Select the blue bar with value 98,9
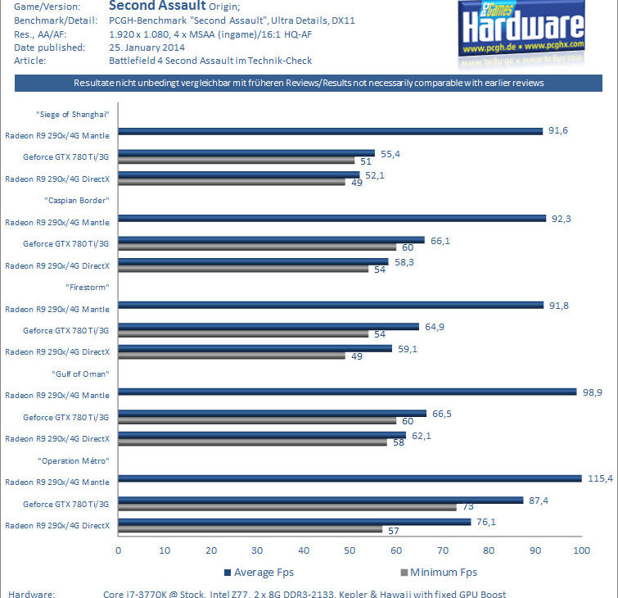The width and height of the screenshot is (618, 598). [347, 392]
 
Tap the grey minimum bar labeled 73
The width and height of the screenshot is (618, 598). [286, 507]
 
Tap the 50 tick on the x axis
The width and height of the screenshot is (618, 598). [350, 550]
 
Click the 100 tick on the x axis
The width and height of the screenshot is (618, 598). [581, 550]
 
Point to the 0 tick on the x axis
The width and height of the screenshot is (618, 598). [119, 550]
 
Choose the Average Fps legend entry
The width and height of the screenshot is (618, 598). [259, 572]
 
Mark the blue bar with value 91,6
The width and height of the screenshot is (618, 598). [331, 130]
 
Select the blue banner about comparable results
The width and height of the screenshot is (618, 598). [309, 84]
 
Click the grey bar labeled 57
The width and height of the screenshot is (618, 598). [250, 529]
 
